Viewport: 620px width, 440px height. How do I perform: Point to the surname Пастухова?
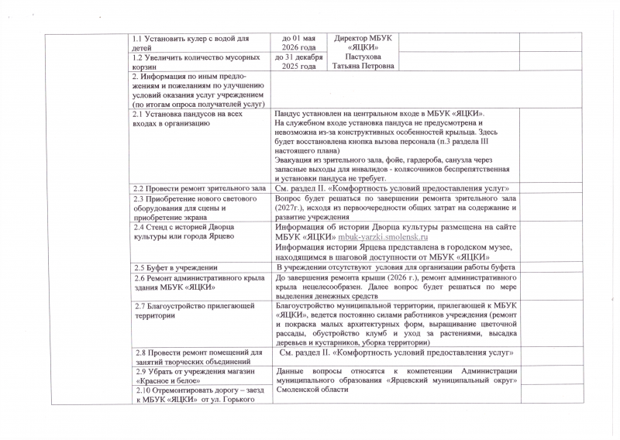click(362, 57)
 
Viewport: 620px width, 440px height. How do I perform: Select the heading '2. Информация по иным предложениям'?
click(197, 90)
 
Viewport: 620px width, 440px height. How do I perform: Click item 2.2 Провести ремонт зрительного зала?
click(198, 188)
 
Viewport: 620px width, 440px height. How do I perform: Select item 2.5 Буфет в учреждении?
click(174, 267)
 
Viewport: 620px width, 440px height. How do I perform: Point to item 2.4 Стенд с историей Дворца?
click(189, 232)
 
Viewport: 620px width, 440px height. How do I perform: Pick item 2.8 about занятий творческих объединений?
click(198, 358)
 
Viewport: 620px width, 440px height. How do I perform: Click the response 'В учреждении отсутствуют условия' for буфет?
click(392, 267)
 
